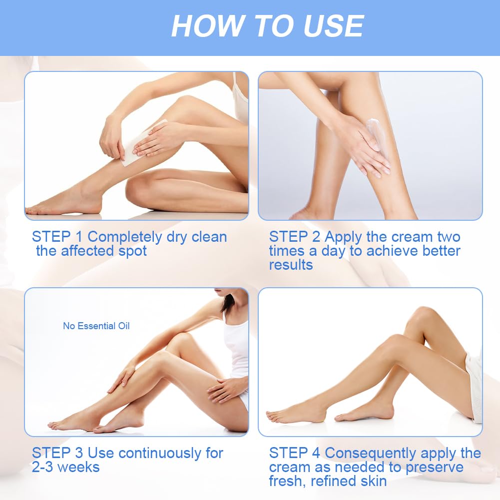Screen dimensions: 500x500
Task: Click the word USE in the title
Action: click(x=333, y=26)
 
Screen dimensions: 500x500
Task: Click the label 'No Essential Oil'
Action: click(x=96, y=326)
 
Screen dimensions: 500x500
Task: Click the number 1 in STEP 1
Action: click(x=78, y=237)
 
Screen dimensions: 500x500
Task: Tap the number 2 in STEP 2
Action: click(x=316, y=237)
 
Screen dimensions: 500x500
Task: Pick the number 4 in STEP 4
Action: click(x=316, y=453)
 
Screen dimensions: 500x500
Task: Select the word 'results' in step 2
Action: click(x=291, y=265)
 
